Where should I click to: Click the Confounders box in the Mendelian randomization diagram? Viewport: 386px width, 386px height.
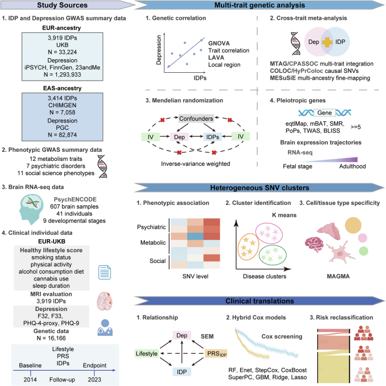coord(196,119)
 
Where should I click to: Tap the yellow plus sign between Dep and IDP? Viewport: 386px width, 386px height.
coord(327,42)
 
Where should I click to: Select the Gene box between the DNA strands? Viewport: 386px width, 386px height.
coord(325,113)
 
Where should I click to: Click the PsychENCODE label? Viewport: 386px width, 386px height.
coord(75,199)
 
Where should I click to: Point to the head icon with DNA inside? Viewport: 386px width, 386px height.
coord(31,209)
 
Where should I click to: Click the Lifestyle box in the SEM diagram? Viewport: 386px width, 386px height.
coord(147,353)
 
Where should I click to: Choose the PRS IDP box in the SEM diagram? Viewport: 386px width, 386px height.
coord(216,353)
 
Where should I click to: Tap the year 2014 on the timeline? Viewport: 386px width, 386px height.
coord(30,379)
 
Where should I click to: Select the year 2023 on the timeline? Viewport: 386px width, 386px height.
coord(95,379)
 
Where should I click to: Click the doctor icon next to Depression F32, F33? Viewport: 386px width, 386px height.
coord(105,327)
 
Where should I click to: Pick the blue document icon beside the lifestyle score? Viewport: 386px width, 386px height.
coord(105,273)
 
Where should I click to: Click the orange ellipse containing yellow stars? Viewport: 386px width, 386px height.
coord(249,247)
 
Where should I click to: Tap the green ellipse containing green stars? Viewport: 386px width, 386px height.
coord(273,255)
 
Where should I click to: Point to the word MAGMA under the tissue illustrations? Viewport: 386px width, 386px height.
coord(338,277)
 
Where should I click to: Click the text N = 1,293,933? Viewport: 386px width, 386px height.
coord(63,74)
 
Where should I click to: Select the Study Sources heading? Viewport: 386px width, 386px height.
coord(63,5)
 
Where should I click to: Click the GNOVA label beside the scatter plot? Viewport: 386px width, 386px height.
coord(219,43)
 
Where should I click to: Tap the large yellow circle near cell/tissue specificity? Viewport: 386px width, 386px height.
coord(353,225)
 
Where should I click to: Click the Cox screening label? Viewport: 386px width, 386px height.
coord(282,336)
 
